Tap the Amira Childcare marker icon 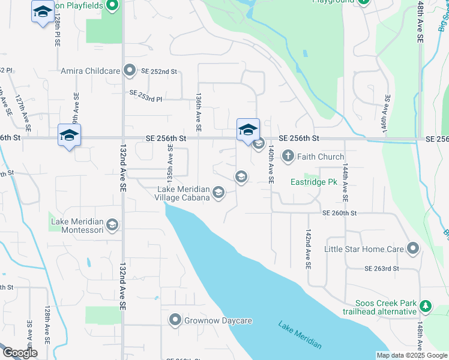(x=129, y=71)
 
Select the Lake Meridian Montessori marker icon (x=112, y=226)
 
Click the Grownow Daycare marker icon (x=175, y=320)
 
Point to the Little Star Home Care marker (x=412, y=248)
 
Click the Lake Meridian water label (x=300, y=335)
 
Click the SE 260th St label (x=339, y=213)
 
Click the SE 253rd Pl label (x=146, y=93)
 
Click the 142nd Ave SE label (x=308, y=247)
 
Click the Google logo (x=19, y=353)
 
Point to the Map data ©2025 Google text (x=411, y=355)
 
